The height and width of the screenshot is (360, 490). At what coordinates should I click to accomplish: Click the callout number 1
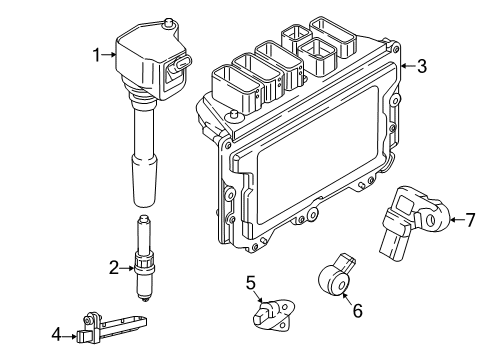98,56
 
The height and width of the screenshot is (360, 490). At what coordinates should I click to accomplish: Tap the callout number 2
114,266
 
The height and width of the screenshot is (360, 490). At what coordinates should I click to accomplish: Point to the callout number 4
56,334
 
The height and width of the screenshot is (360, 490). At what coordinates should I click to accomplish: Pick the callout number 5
251,284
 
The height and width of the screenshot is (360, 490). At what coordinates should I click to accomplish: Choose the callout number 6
356,309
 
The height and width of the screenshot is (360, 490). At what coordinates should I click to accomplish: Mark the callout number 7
471,220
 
